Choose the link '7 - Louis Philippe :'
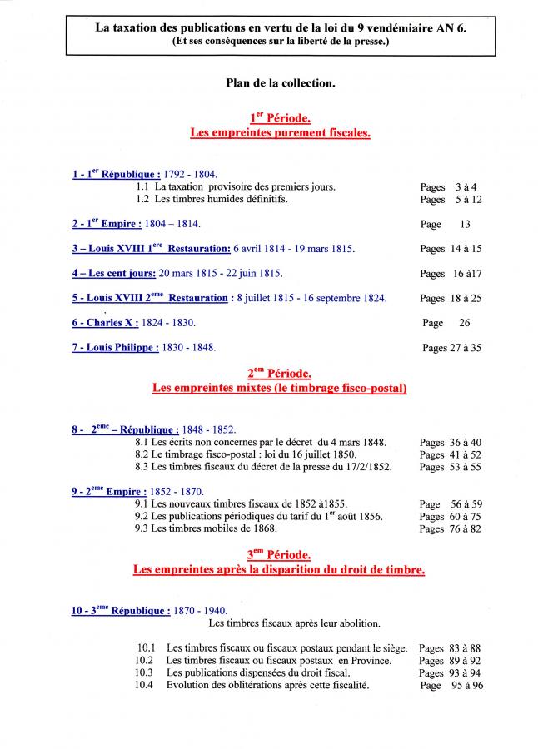tap(115, 348)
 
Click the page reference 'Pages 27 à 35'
tap(451, 348)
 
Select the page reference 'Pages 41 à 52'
tap(451, 455)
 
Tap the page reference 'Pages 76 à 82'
tap(451, 529)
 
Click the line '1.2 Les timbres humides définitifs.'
tap(212, 200)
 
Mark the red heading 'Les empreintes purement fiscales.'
tap(280, 133)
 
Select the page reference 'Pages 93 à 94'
tap(450, 673)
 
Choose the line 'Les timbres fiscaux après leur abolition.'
tap(295, 623)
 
